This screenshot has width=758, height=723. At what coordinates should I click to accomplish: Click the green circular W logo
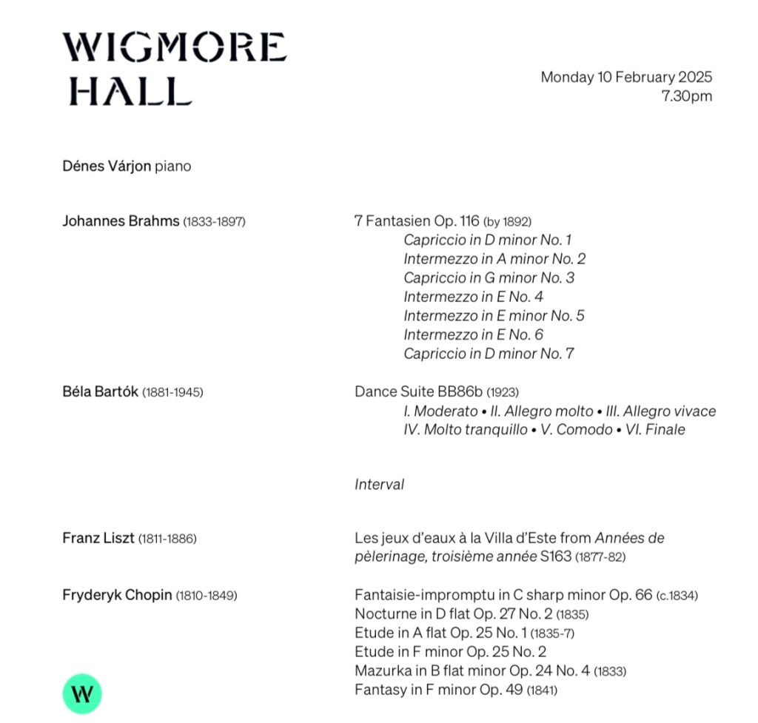click(x=81, y=694)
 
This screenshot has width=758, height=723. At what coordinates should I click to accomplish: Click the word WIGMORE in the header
click(x=174, y=47)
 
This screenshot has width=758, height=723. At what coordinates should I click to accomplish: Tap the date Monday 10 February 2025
click(x=626, y=77)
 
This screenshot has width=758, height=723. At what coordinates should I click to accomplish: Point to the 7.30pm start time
click(x=686, y=96)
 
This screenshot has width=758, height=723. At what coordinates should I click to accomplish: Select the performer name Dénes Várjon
click(x=108, y=167)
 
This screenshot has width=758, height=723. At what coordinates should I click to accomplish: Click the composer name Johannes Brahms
click(x=121, y=221)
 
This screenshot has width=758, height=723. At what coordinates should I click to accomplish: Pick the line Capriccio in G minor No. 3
click(x=489, y=278)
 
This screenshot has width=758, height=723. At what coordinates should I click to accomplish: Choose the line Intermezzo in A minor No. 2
click(x=494, y=259)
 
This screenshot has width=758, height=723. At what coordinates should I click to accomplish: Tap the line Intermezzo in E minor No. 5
click(x=494, y=316)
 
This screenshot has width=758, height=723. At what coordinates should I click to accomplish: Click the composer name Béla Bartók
click(x=100, y=392)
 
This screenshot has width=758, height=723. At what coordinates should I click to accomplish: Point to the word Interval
click(x=379, y=485)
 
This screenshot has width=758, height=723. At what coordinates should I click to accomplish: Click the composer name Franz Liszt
click(x=98, y=539)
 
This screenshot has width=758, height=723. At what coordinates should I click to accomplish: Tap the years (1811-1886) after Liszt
click(x=167, y=539)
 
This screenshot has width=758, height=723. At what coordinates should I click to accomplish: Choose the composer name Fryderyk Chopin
click(x=117, y=595)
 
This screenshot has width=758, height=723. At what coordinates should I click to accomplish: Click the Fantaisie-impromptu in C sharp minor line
click(x=503, y=595)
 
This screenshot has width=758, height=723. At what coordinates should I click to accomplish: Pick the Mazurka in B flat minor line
click(x=472, y=671)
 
